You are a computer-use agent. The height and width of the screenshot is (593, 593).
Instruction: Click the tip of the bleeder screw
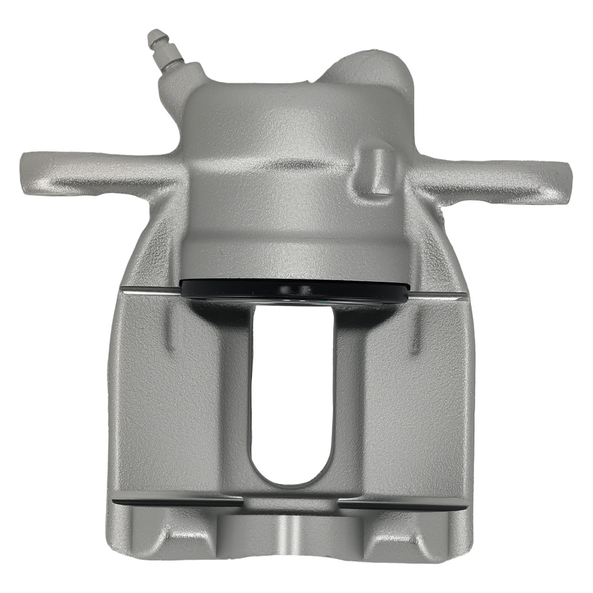pyautogui.click(x=153, y=35)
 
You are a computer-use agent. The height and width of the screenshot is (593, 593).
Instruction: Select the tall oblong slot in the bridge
pyautogui.click(x=291, y=391)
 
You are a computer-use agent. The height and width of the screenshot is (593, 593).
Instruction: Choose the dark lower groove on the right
pyautogui.click(x=403, y=503)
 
